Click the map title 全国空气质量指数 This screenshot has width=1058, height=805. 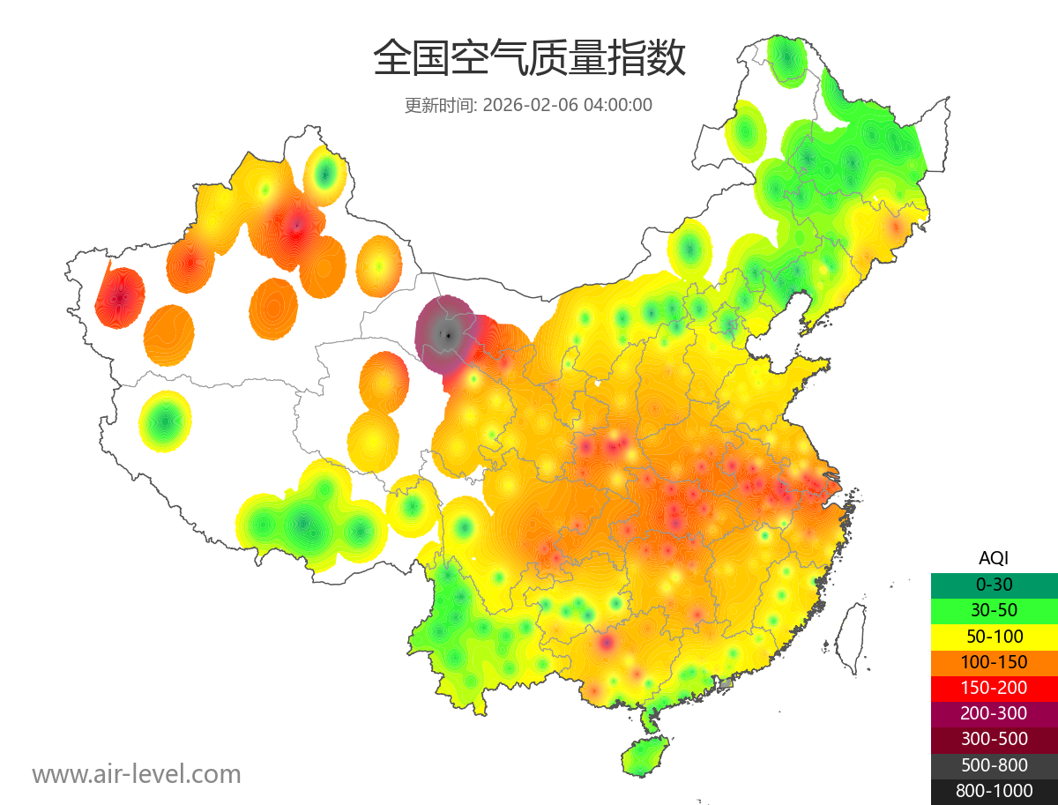pyautogui.click(x=529, y=59)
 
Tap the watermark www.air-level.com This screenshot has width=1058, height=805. pyautogui.click(x=137, y=774)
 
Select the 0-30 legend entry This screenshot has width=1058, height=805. pyautogui.click(x=994, y=585)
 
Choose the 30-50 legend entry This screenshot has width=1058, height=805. pyautogui.click(x=994, y=610)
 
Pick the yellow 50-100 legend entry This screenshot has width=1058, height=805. pyautogui.click(x=994, y=636)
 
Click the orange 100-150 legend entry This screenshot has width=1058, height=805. pyautogui.click(x=994, y=661)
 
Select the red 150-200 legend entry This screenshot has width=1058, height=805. pyautogui.click(x=994, y=687)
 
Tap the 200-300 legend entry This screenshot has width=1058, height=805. pyautogui.click(x=994, y=712)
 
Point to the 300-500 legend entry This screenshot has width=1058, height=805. pyautogui.click(x=994, y=739)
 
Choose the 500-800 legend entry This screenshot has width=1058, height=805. pyautogui.click(x=994, y=765)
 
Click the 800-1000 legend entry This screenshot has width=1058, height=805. pyautogui.click(x=994, y=791)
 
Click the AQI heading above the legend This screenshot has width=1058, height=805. pyautogui.click(x=994, y=558)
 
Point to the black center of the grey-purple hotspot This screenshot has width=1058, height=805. pyautogui.click(x=449, y=334)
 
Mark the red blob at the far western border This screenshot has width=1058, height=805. pyautogui.click(x=119, y=298)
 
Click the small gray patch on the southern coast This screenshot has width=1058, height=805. pyautogui.click(x=726, y=683)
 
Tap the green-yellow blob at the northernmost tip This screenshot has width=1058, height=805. pyautogui.click(x=785, y=60)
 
